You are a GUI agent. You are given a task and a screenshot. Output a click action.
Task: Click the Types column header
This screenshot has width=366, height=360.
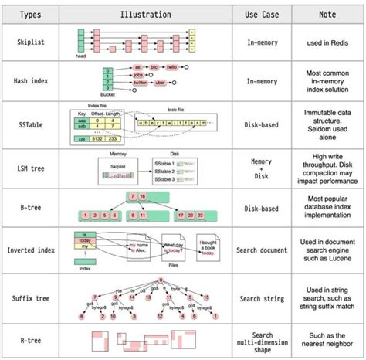(x=31, y=14)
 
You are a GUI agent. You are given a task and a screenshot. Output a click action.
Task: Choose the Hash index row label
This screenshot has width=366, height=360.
(x=31, y=80)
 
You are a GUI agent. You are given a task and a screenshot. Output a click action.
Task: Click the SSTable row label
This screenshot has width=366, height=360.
(x=31, y=121)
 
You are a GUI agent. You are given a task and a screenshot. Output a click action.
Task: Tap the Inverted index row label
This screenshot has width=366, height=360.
(x=31, y=250)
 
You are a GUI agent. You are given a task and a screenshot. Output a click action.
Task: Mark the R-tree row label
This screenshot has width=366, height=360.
(x=31, y=341)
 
